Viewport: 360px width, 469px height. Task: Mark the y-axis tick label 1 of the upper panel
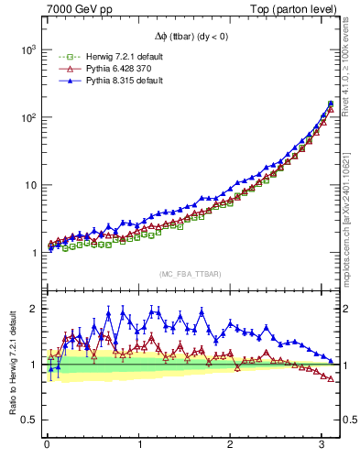32,254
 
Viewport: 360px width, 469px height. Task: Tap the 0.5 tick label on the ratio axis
27,420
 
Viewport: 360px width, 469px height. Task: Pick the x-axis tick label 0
47,444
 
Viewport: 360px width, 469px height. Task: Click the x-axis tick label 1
139,444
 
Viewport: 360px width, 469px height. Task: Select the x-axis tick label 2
231,444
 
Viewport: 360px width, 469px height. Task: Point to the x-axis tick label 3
322,444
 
